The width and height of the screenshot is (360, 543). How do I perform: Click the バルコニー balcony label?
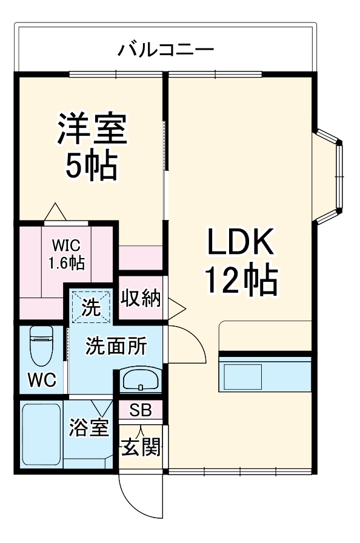(x=165, y=48)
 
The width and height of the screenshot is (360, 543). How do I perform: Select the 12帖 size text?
(x=241, y=280)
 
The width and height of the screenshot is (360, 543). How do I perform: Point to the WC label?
(x=42, y=380)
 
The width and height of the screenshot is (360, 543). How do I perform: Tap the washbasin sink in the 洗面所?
(x=141, y=379)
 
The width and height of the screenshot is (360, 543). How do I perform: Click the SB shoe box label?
(x=141, y=410)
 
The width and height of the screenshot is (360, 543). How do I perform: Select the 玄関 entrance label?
(x=142, y=448)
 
